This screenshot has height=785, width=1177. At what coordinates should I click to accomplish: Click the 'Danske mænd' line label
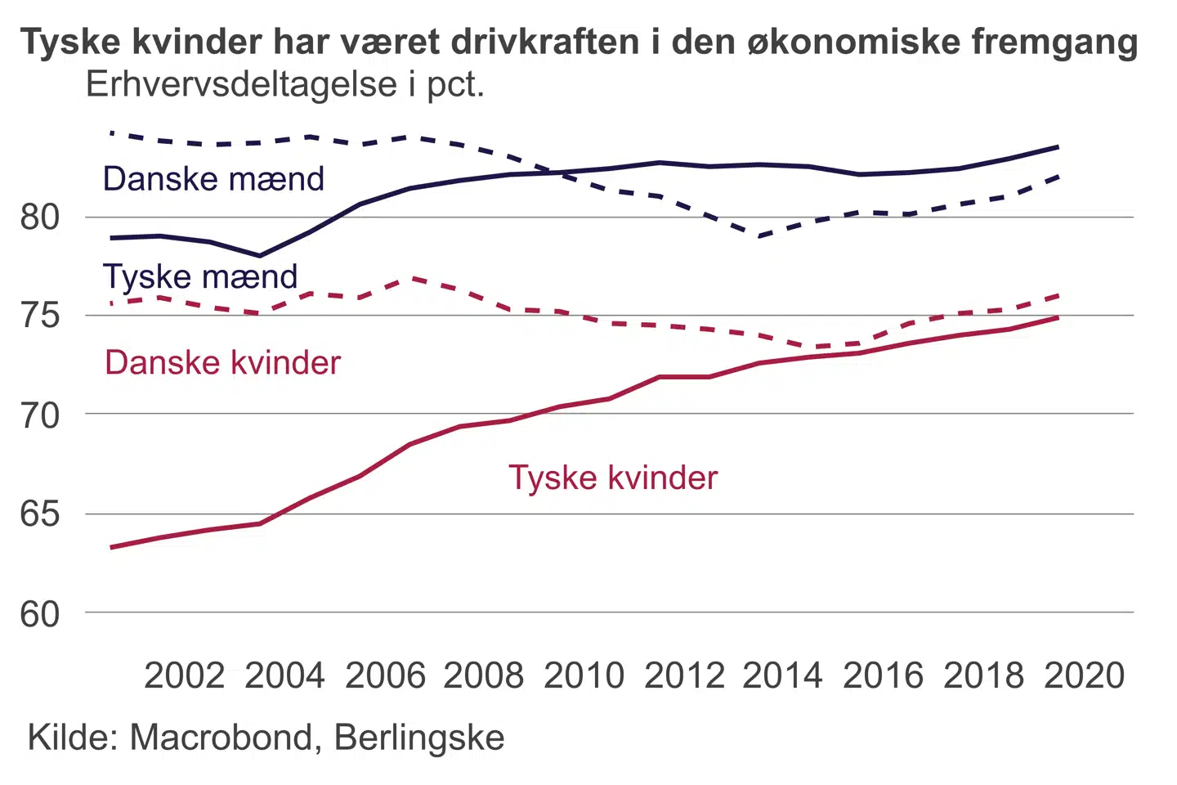(213, 179)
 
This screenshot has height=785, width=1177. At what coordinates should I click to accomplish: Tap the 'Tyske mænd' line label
(200, 277)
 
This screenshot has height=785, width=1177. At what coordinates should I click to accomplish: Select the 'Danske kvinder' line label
(222, 363)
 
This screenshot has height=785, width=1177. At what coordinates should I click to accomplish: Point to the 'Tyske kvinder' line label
(613, 478)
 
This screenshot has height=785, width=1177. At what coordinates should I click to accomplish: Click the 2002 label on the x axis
(185, 676)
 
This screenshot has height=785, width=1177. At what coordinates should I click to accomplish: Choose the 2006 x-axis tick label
(385, 676)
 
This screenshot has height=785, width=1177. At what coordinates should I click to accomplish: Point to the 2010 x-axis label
(584, 676)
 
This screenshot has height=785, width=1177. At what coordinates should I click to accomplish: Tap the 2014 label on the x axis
(782, 676)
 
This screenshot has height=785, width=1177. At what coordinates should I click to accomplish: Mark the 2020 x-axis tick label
(1085, 676)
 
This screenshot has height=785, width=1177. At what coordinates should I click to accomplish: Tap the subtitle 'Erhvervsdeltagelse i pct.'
(285, 85)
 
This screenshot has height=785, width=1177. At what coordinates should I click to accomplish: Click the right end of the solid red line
(1058, 317)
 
